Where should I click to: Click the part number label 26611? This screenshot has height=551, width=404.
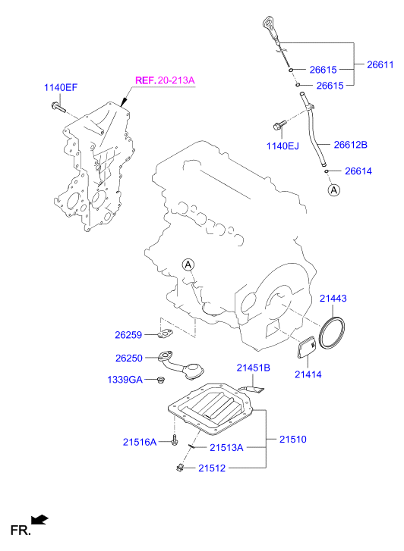tap(380, 64)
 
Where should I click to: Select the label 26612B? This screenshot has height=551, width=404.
tap(350, 145)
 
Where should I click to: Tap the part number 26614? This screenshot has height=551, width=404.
tap(358, 171)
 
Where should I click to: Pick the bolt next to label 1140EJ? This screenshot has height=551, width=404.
tap(280, 125)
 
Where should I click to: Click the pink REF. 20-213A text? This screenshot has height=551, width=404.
tap(165, 80)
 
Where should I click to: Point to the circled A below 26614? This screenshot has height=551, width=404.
tap(333, 190)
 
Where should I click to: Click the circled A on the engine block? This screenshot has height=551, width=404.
tap(188, 265)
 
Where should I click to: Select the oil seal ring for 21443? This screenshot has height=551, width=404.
tap(331, 333)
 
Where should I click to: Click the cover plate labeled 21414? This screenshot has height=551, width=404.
tap(307, 348)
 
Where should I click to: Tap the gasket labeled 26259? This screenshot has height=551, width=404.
tap(166, 333)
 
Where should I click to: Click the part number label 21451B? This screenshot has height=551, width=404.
tap(253, 368)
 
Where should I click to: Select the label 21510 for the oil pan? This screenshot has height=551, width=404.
tap(292, 440)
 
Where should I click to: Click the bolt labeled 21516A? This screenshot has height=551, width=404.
tap(175, 440)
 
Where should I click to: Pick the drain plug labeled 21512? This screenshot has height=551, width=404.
tap(180, 467)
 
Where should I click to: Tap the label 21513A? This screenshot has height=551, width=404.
tap(226, 448)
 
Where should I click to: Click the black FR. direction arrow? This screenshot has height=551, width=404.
tap(39, 519)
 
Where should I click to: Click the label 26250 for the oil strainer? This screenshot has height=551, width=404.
tap(129, 358)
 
